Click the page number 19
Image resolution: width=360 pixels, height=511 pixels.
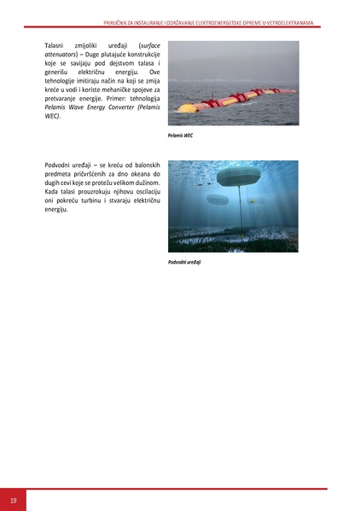point(13,499)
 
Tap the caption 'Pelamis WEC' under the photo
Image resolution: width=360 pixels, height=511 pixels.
point(181,135)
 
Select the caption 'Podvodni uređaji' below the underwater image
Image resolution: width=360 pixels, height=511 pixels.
point(184,262)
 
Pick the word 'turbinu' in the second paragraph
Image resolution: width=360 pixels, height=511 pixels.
point(105,205)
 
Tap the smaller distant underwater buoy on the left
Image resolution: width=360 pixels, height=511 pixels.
point(218,200)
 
